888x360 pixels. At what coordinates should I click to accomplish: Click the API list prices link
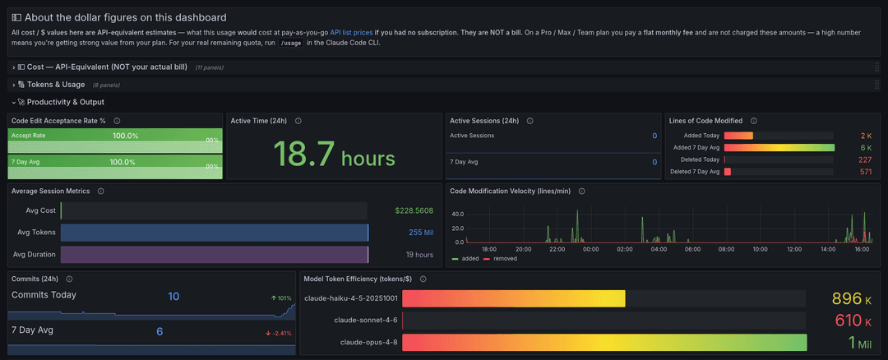[x=351, y=33]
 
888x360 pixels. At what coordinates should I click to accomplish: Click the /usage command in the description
[x=292, y=43]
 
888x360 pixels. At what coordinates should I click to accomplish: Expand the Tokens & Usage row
[x=56, y=85]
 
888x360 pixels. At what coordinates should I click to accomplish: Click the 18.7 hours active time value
[x=334, y=152]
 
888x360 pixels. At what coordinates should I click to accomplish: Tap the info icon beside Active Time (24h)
[x=298, y=121]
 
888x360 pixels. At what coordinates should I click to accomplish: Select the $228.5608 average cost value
[x=414, y=210]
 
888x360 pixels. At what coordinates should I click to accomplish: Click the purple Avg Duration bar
[x=214, y=254]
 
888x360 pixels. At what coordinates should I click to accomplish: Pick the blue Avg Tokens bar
[x=214, y=233]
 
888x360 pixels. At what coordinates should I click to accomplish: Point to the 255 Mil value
[x=421, y=233]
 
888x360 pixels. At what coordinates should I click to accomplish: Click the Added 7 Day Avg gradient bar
[x=779, y=148]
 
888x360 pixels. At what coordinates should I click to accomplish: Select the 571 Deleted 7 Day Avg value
[x=865, y=172]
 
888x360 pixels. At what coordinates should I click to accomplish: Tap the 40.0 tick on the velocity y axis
[x=458, y=214]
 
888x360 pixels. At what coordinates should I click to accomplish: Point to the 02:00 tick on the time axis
[x=625, y=249]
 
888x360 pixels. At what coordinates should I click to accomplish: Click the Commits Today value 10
[x=173, y=296]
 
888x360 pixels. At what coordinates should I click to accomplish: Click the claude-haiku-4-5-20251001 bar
[x=514, y=299]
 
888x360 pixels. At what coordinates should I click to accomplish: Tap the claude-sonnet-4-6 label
[x=365, y=321]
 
